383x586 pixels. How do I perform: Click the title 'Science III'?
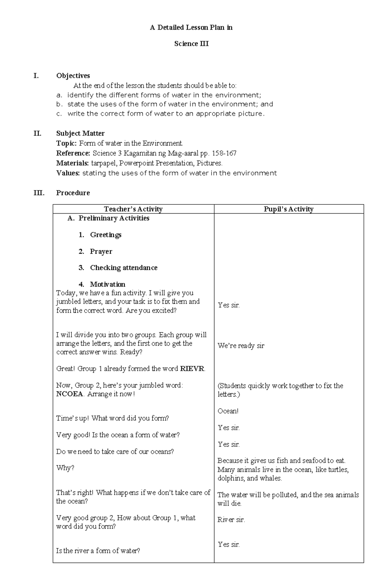(x=191, y=44)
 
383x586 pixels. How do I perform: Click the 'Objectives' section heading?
(x=73, y=76)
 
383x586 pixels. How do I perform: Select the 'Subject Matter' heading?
(x=80, y=133)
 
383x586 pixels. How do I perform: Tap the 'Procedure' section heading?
(x=73, y=193)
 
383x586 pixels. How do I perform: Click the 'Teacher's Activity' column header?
(x=133, y=209)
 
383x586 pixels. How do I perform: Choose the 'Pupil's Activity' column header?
(x=289, y=209)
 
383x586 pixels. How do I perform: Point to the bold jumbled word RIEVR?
(x=192, y=369)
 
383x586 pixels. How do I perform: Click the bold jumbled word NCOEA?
(x=70, y=394)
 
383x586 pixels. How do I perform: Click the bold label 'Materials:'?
(x=72, y=163)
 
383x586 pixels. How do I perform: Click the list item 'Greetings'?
(x=106, y=235)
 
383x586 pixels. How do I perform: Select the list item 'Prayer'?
(x=101, y=252)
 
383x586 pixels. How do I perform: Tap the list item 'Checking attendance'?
(x=124, y=268)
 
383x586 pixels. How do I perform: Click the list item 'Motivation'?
(x=108, y=284)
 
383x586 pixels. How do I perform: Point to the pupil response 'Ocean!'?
(x=228, y=411)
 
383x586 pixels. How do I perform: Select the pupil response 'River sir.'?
(x=231, y=520)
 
